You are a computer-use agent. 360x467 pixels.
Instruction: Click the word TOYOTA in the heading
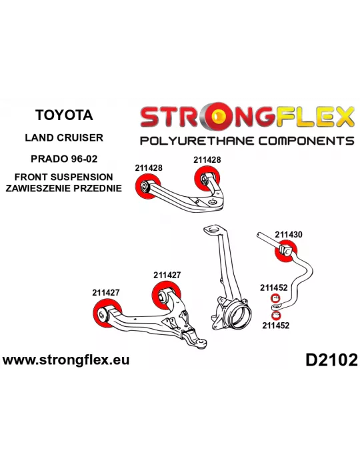(64, 115)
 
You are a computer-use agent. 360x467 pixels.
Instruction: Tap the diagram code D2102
(331, 360)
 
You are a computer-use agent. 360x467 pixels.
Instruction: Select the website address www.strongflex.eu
(66, 360)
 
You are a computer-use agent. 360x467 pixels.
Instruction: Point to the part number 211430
(288, 235)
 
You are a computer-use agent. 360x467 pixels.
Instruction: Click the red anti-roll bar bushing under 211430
(285, 251)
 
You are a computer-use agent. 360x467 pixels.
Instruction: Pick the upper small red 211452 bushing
(275, 298)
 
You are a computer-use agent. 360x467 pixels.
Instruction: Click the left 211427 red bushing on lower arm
(105, 314)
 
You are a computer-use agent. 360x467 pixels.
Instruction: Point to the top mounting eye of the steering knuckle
(212, 230)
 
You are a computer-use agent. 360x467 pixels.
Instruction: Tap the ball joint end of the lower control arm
(202, 343)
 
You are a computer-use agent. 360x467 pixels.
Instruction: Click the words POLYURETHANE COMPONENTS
(247, 141)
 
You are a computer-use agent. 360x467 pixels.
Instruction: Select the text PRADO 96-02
(64, 159)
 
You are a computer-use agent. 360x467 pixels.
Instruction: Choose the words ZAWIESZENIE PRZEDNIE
(64, 188)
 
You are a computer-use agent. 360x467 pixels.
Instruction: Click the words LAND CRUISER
(64, 137)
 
